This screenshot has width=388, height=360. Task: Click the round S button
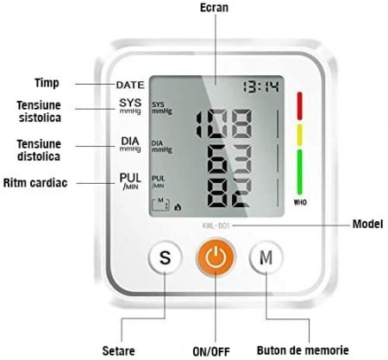point(165,257)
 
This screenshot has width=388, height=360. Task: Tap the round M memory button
point(266,257)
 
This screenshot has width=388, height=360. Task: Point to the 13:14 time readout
point(261,86)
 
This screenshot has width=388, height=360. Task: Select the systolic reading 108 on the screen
point(224,123)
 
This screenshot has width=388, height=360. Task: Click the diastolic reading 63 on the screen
point(229,159)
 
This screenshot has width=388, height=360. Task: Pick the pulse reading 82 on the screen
point(229,193)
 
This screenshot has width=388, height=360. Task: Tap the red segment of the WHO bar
point(299,105)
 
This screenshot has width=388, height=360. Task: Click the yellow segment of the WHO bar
point(299,135)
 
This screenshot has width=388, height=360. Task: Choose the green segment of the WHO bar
point(299,172)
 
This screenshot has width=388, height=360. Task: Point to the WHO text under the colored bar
point(300,203)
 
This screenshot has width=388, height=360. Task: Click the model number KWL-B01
point(216,225)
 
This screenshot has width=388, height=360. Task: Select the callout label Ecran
point(214,8)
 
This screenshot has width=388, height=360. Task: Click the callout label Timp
point(47,83)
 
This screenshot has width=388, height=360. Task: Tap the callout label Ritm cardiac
point(35,183)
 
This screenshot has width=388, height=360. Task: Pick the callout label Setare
point(118,351)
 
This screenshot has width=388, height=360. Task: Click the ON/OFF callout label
point(211,351)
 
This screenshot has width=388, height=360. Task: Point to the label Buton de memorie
point(303,351)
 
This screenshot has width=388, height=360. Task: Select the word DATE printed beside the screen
point(130,85)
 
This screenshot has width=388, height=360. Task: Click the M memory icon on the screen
point(160,204)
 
